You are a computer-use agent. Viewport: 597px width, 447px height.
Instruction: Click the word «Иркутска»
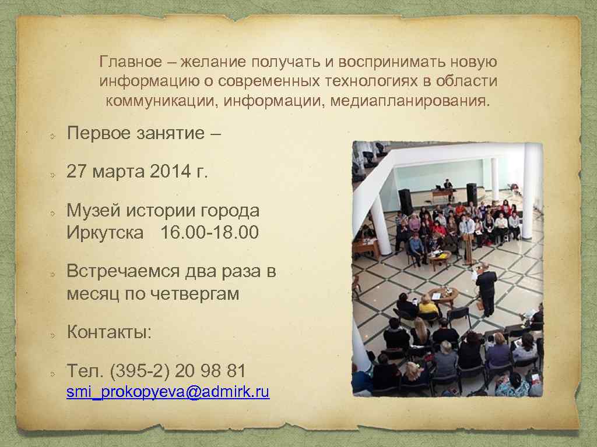105,233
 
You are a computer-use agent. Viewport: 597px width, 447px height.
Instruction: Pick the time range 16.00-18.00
209,233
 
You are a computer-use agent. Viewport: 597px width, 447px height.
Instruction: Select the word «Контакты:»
109,332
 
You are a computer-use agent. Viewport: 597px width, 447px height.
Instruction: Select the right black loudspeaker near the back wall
472,194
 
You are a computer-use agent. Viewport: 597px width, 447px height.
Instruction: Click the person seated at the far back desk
447,185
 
